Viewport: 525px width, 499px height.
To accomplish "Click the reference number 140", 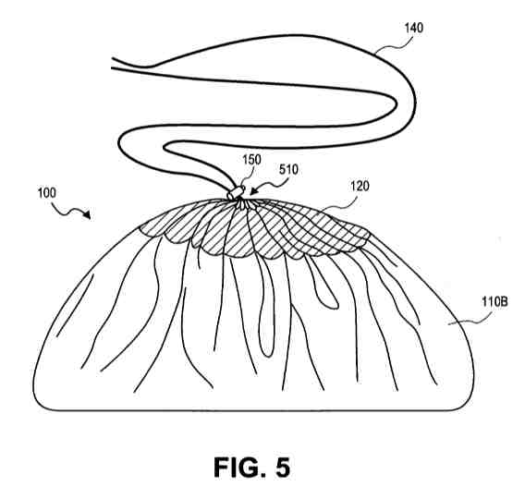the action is click(x=414, y=28).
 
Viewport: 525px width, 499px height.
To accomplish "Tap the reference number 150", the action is click(x=251, y=160).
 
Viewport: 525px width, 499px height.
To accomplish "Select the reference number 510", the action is click(x=288, y=169).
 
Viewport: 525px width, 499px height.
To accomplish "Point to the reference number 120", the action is click(x=360, y=186).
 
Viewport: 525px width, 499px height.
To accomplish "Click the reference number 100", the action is click(x=47, y=193).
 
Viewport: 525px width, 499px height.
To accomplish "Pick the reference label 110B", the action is click(x=494, y=302).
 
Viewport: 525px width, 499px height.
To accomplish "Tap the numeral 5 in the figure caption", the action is click(x=283, y=467).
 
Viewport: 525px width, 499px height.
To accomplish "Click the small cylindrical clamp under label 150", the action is click(x=236, y=192).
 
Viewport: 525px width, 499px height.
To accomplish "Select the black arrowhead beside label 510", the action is click(x=253, y=190).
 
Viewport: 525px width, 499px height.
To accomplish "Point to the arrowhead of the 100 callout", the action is click(x=88, y=215).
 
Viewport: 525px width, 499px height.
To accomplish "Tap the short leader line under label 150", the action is click(x=246, y=177).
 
